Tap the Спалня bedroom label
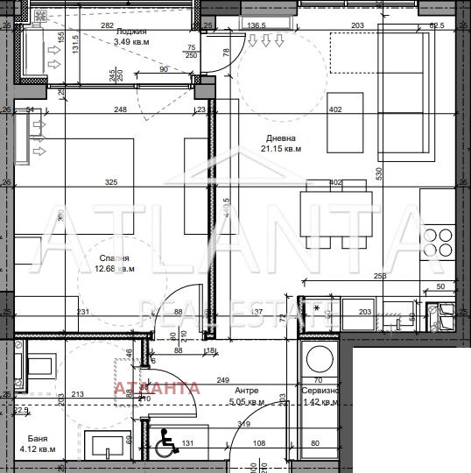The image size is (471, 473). [x=114, y=258]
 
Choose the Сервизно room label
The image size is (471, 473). [x=321, y=392]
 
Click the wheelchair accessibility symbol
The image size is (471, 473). [x=164, y=446]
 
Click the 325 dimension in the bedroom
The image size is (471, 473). [x=110, y=183]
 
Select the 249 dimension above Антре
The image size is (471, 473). [x=224, y=379]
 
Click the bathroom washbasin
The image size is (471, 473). [x=107, y=444]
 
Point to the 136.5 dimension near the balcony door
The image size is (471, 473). [x=257, y=27]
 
